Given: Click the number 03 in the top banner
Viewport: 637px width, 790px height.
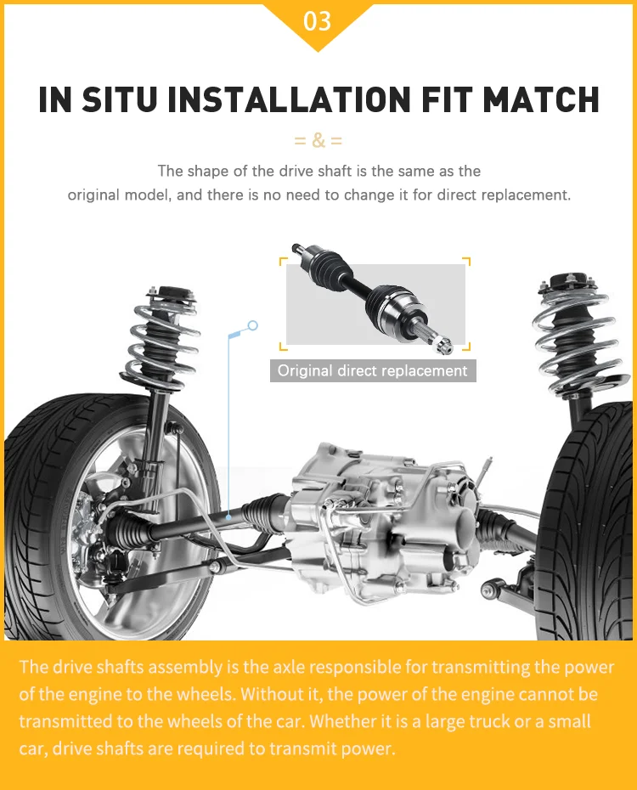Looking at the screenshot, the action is click(x=318, y=20).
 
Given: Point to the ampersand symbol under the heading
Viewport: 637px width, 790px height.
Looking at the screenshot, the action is click(x=318, y=140).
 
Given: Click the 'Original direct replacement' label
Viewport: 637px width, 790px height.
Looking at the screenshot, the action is click(x=373, y=370).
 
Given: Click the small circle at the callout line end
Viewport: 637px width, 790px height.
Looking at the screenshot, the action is click(x=252, y=325).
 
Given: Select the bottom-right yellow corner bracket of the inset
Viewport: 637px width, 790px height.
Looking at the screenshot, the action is click(x=465, y=347).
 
